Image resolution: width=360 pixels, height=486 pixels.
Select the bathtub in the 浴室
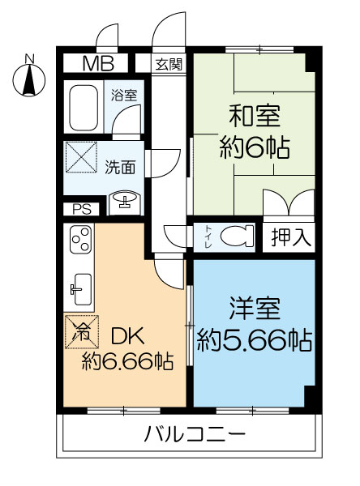pos(87,103)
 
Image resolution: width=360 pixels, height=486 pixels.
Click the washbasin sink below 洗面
pos(124,200)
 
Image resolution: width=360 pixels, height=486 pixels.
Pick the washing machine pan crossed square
pos(82,156)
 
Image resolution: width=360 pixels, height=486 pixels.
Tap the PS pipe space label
pos(82,208)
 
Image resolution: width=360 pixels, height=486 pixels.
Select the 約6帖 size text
pos(254,149)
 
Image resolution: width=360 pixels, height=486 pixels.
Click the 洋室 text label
pos(255,310)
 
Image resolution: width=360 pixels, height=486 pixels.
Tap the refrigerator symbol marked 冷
pos(82,330)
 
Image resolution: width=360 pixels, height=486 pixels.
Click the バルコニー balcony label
pos(195,433)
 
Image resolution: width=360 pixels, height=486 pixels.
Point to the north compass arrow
pos(29,79)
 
